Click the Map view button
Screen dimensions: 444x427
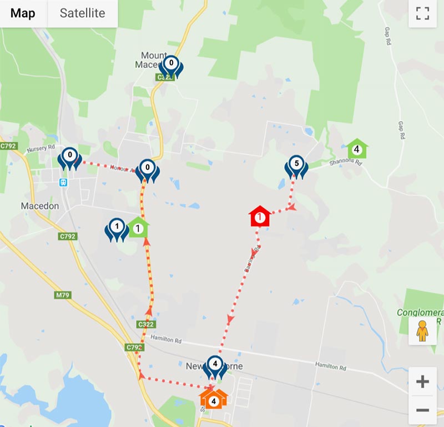[23, 13]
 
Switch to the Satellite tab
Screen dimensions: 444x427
[82, 13]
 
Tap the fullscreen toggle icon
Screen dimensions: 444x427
[423, 14]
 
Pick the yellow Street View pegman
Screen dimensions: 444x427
[423, 331]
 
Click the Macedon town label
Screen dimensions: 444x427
[39, 206]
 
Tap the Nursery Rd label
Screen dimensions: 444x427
[42, 148]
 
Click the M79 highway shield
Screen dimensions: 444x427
[62, 295]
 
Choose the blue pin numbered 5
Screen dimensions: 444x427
[296, 166]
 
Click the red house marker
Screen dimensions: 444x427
[259, 216]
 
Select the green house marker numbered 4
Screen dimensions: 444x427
[357, 149]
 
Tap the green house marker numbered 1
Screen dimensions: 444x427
[138, 227]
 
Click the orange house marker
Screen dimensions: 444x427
[214, 398]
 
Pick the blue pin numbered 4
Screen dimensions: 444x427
[215, 367]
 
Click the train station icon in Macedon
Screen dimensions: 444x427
[64, 182]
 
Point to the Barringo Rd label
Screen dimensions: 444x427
[251, 260]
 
